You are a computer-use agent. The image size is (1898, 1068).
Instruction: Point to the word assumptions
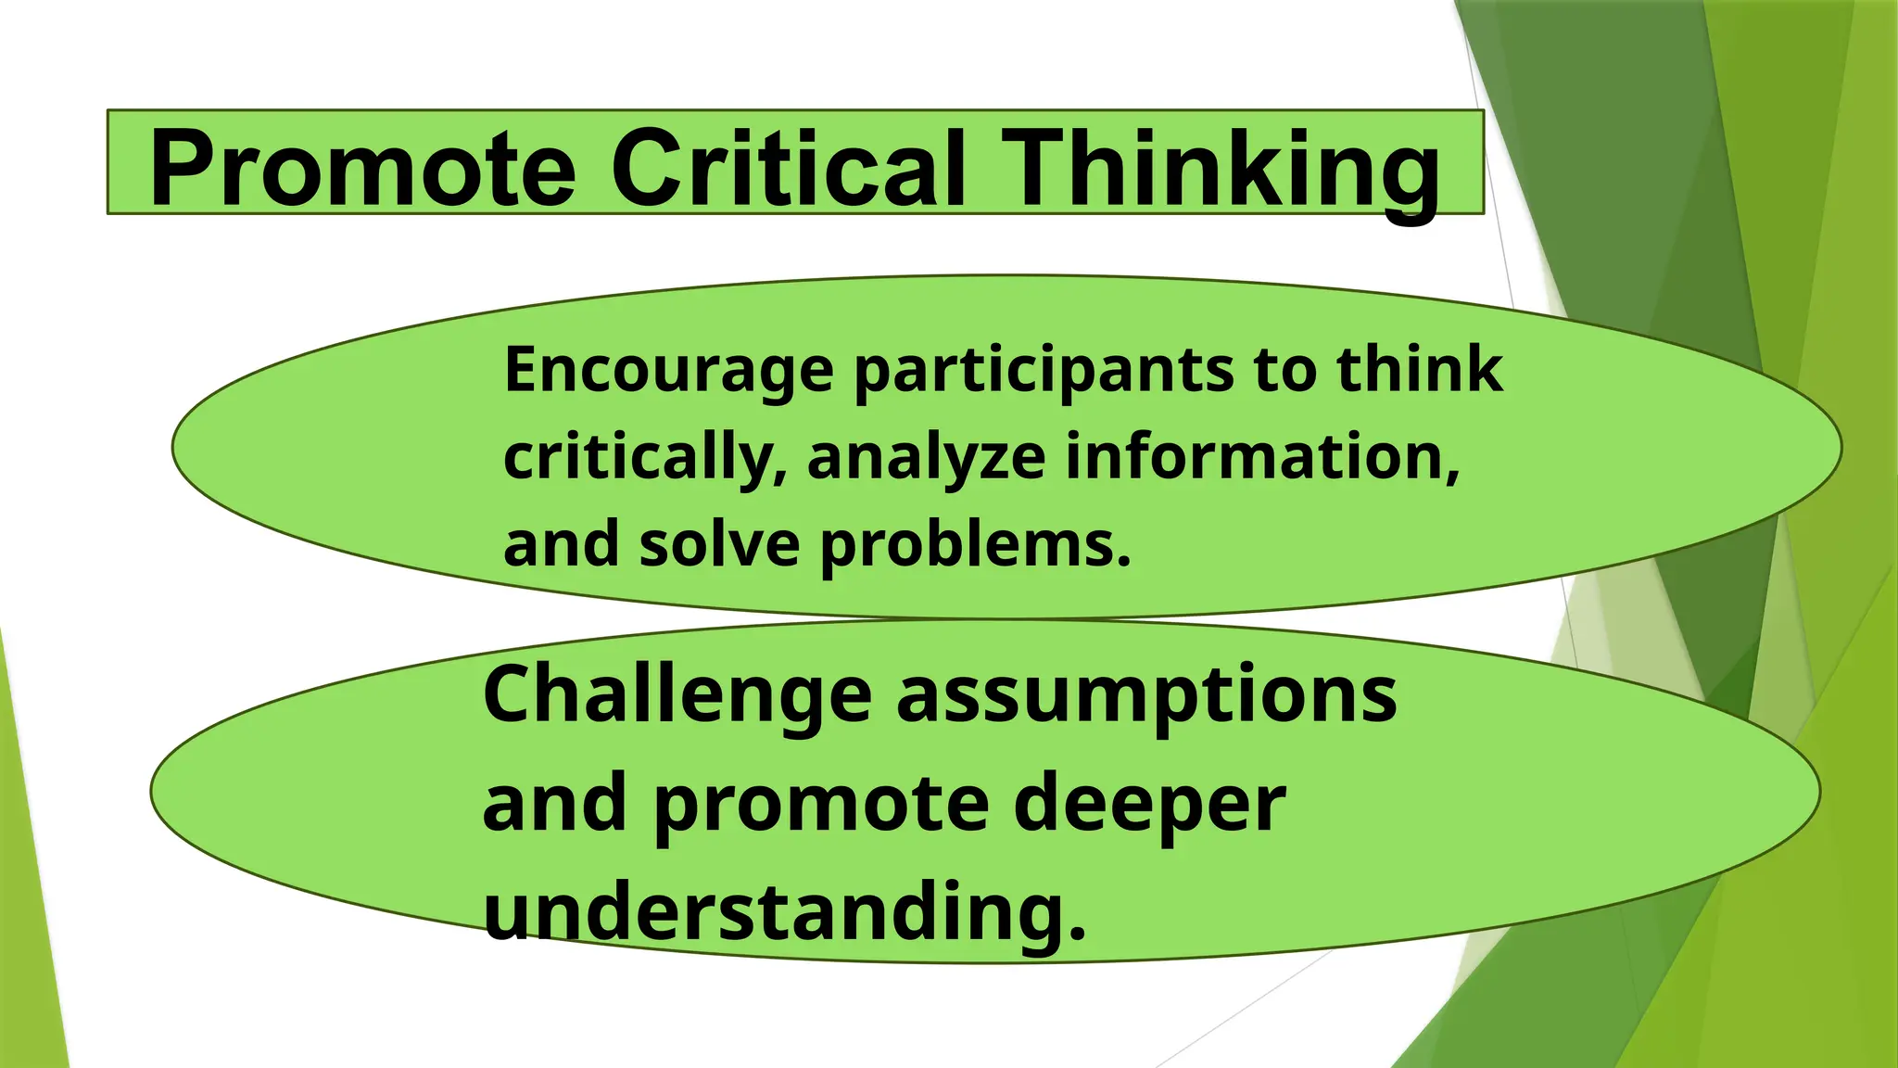pos(1146,698)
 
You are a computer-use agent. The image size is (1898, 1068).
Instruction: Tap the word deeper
pos(1149,805)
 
